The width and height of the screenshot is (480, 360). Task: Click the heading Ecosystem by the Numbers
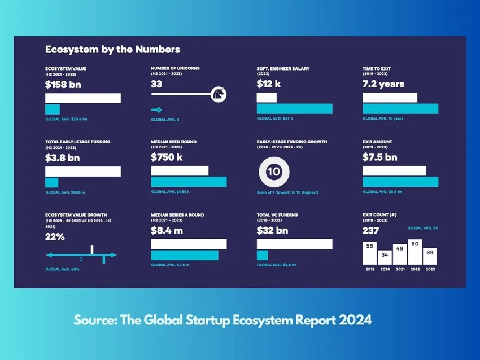(x=112, y=50)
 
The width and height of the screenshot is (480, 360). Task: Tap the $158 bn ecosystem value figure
(x=63, y=84)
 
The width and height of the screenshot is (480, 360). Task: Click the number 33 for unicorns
(x=156, y=84)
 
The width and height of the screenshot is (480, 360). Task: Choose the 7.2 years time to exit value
(x=383, y=84)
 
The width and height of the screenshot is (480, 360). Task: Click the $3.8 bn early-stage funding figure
(x=62, y=157)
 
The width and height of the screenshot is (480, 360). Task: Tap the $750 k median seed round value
(x=167, y=157)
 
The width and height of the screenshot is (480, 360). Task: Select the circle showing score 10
(x=273, y=172)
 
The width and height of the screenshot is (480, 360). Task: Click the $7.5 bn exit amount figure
(x=379, y=157)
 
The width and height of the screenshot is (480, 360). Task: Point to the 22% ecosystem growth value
(x=55, y=237)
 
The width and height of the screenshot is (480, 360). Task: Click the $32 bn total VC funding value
(x=272, y=230)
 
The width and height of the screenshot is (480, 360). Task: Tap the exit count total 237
(x=370, y=230)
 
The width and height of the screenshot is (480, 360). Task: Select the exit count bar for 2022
(x=415, y=252)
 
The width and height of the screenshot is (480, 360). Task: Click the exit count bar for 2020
(x=385, y=257)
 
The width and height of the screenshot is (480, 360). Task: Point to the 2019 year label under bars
(x=369, y=270)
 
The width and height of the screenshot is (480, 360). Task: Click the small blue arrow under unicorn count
(x=156, y=110)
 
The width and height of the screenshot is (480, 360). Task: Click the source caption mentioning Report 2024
(x=222, y=320)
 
